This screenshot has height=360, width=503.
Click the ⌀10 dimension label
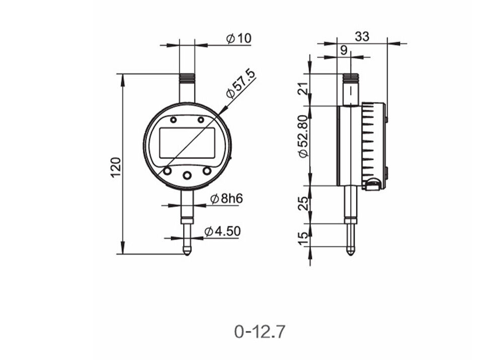238,38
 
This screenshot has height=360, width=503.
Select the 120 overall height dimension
115,167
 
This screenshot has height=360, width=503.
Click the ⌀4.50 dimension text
223,231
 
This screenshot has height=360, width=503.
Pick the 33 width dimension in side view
362,36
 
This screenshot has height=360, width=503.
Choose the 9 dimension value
344,49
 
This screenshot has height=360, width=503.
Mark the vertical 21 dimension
302,90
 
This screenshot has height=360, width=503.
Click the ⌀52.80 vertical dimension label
302,136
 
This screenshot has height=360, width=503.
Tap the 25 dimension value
302,204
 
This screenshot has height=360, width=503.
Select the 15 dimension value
302,238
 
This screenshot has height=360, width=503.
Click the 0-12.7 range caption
260,331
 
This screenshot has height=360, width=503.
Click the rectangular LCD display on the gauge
187,142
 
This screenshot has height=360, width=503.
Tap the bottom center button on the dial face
187,175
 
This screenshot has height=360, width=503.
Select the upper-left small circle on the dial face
174,120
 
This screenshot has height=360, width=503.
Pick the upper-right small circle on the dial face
201,120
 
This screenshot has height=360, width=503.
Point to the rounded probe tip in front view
187,251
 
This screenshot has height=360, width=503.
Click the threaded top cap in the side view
351,78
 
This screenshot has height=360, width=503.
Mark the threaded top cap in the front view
187,78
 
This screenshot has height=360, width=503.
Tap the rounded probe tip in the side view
351,251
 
